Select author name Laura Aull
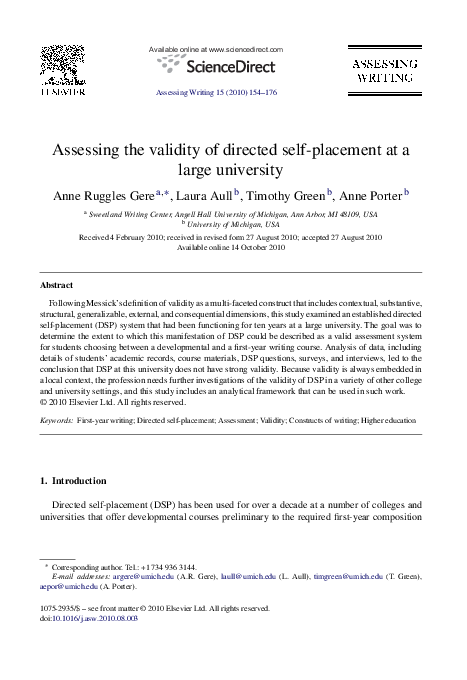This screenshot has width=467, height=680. [204, 195]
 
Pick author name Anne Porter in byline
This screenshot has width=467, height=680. [371, 195]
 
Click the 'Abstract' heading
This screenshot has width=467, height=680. [55, 285]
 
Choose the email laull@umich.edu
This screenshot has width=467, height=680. [236, 577]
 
